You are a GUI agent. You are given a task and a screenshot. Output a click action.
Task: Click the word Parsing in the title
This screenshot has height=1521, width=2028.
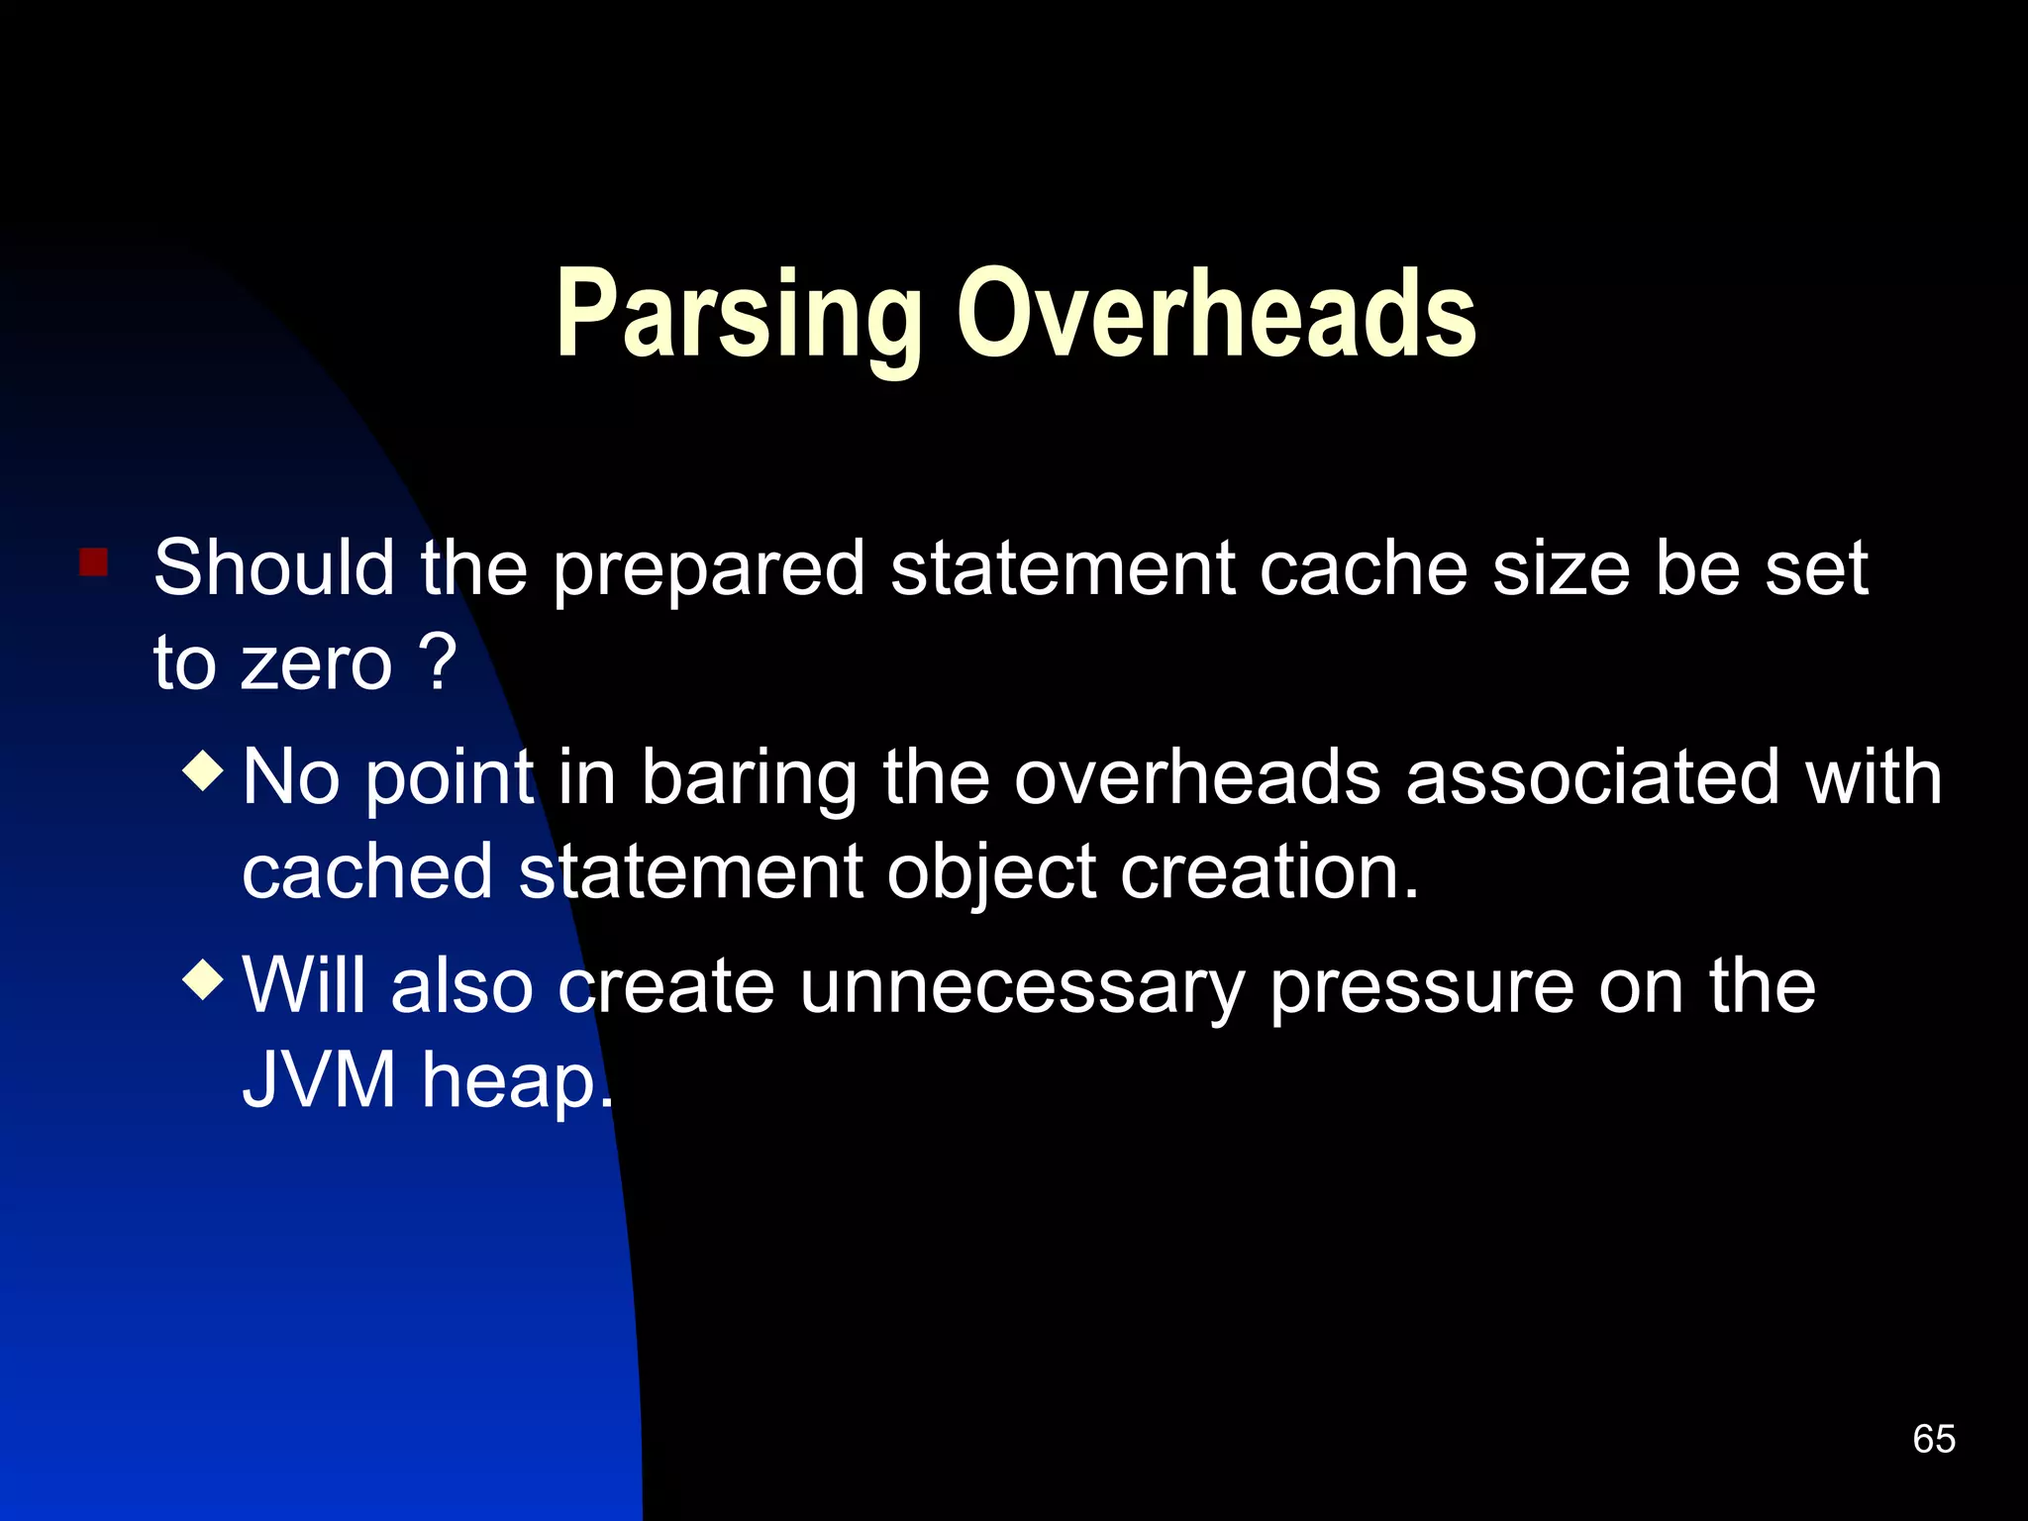(x=738, y=315)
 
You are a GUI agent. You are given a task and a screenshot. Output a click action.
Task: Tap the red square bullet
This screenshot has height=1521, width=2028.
(x=94, y=562)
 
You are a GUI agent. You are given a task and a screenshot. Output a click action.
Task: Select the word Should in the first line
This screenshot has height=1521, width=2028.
(x=273, y=568)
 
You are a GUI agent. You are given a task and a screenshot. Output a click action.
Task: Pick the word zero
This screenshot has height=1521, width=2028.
(x=317, y=662)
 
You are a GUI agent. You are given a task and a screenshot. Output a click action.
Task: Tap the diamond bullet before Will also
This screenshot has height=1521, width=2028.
(x=204, y=979)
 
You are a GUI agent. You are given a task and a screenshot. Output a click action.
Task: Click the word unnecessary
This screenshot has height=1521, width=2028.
(x=1021, y=987)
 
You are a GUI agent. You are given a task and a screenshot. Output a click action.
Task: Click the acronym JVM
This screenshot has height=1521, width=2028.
(x=319, y=1079)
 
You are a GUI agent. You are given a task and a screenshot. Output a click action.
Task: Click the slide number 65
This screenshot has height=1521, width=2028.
(x=1933, y=1439)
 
